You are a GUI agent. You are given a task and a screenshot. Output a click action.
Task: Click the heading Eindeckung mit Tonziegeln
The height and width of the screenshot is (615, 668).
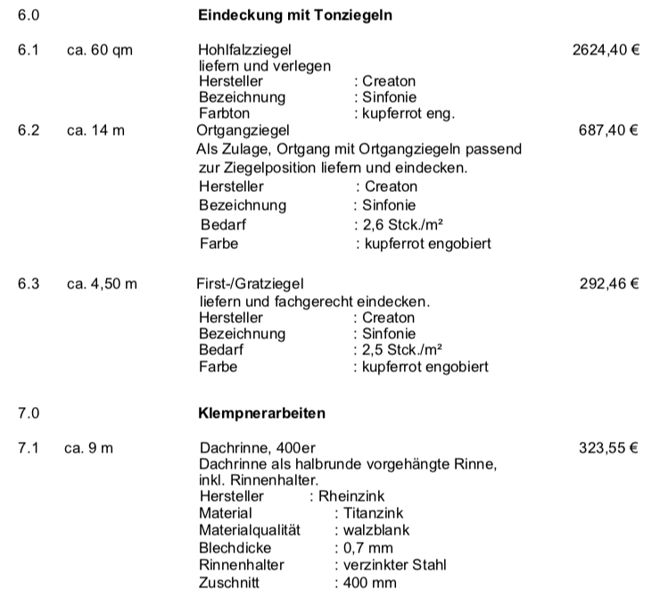coord(295,16)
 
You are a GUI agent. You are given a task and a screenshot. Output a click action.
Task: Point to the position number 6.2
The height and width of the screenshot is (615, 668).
coord(29,130)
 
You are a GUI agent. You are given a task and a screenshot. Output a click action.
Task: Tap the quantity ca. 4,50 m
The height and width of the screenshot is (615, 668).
coord(103,286)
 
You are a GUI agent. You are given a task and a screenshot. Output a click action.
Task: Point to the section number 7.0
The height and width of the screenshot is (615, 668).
coord(29,414)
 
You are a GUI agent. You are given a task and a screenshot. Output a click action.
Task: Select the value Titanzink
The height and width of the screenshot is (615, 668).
coord(372,513)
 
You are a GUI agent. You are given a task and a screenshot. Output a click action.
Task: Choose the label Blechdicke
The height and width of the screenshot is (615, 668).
coord(235,547)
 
